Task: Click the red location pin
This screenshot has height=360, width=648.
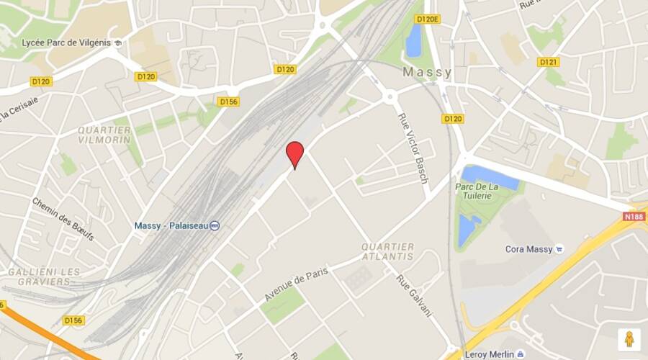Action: click(x=294, y=153)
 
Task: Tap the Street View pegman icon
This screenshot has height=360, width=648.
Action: click(x=629, y=339)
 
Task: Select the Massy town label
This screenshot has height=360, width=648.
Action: click(x=427, y=73)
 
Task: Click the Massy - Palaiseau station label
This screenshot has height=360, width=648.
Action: click(x=171, y=225)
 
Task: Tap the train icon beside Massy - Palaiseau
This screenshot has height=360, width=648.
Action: click(x=215, y=225)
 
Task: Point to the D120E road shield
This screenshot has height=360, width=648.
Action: click(x=427, y=19)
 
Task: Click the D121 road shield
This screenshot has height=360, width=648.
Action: click(x=549, y=62)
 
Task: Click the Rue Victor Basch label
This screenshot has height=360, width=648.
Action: click(x=413, y=148)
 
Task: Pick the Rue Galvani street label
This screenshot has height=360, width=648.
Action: click(x=413, y=295)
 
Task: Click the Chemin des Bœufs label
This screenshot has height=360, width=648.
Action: click(x=63, y=219)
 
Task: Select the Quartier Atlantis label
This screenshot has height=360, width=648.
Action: click(x=388, y=251)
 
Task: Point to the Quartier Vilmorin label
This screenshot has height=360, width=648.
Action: click(x=104, y=135)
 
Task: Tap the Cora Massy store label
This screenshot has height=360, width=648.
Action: click(x=528, y=249)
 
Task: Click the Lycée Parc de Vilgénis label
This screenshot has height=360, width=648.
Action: click(x=66, y=42)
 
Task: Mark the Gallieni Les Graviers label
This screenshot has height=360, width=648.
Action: click(x=45, y=276)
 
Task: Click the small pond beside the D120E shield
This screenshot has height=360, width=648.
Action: click(x=413, y=40)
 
